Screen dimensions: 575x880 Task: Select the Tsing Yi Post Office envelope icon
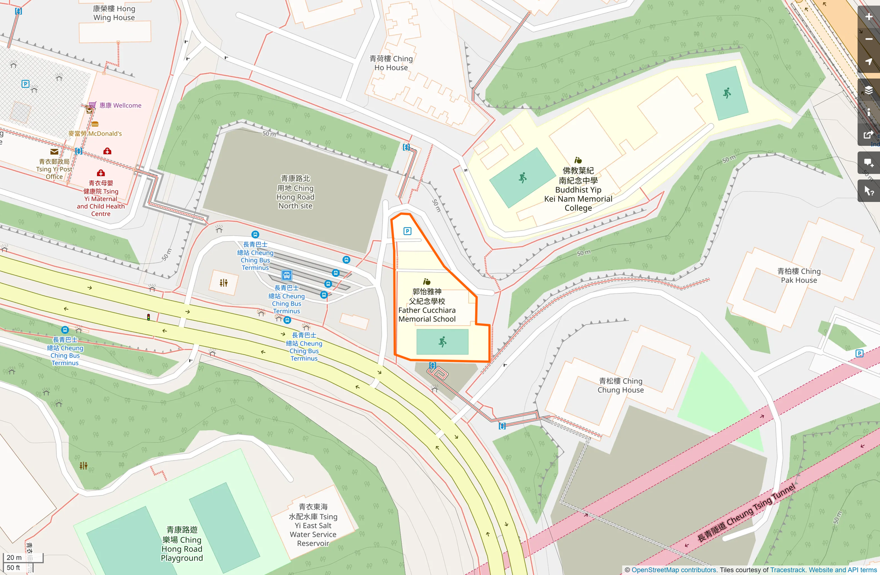coord(54,151)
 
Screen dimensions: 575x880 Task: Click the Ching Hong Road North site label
coord(295,192)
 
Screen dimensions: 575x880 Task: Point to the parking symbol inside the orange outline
coord(407,231)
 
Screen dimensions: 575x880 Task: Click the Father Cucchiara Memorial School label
coord(427,305)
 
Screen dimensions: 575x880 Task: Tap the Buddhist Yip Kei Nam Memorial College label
coord(578,189)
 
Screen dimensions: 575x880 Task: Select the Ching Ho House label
coord(391,63)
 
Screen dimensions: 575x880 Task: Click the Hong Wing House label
coord(114,13)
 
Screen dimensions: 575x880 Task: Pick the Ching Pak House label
coord(799,276)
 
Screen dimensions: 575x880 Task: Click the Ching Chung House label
coord(620,386)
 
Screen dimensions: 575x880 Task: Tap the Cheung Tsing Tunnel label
coord(746,513)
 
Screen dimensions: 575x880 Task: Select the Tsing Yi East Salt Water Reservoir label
coord(313,525)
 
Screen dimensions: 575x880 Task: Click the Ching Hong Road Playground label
coord(182,544)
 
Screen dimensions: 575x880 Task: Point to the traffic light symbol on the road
coord(149,317)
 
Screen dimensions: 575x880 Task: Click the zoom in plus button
coord(868,17)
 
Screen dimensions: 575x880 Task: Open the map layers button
coord(868,90)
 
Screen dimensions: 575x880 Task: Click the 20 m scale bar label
coord(14,557)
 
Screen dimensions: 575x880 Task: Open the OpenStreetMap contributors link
coord(673,570)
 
